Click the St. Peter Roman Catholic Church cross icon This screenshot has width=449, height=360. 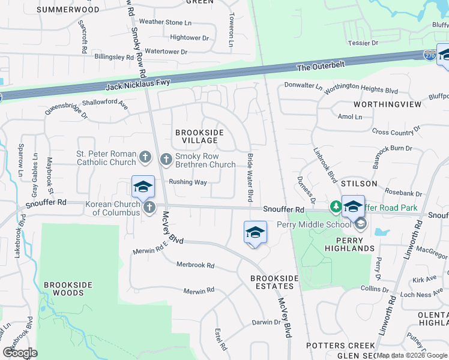coord(145,158)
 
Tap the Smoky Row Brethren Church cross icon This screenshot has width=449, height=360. coord(166,159)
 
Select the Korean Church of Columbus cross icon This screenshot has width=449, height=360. coord(149,208)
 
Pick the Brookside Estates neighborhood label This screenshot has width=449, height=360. coord(274,283)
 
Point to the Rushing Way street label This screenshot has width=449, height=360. coord(187,182)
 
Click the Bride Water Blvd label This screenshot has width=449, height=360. coord(250,178)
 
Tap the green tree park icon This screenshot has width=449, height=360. coord(336,207)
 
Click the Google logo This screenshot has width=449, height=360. coord(20,352)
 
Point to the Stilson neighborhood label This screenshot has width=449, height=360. coord(360,183)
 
